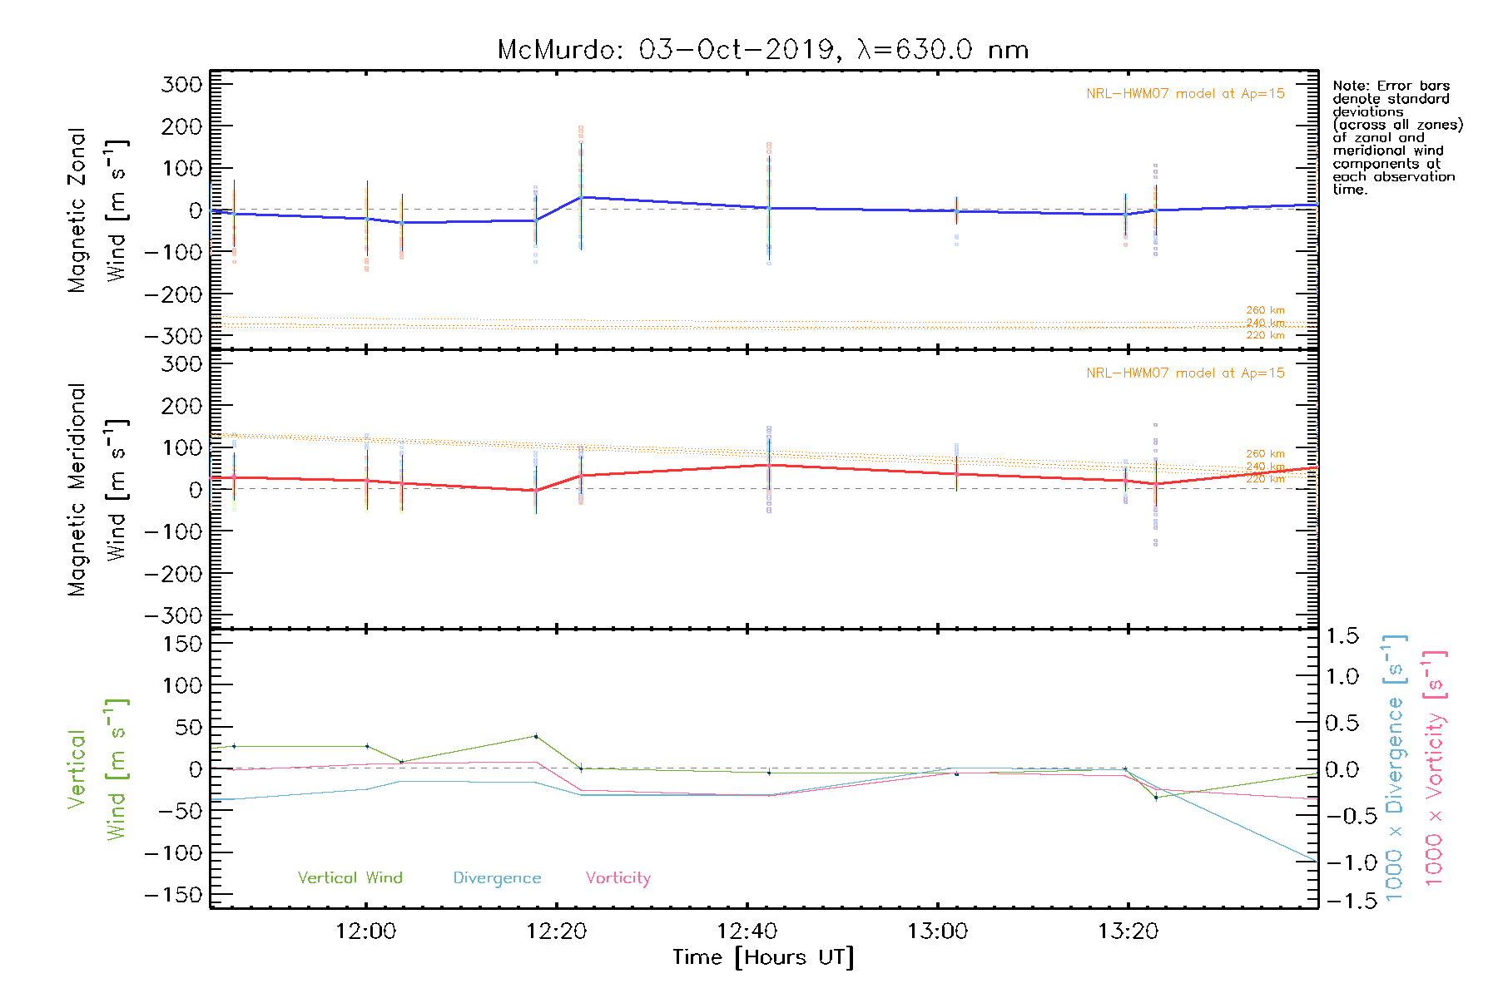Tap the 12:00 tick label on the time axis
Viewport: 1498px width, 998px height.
366,931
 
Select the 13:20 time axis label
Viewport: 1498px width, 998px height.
1128,931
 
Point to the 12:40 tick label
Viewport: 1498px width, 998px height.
747,931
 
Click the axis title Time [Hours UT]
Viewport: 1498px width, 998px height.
762,958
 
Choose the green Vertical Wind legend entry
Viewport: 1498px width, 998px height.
350,877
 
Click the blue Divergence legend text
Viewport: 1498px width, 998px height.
497,878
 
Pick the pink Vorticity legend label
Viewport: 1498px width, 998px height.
618,877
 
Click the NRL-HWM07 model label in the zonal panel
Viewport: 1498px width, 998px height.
1185,94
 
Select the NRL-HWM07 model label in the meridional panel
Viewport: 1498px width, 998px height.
1185,373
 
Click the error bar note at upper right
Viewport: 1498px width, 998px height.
1396,137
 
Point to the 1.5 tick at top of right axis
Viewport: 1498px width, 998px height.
1342,636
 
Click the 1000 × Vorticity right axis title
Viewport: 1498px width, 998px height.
1434,768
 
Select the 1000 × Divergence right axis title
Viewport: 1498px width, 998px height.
1394,768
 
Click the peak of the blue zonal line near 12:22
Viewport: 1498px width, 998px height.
581,197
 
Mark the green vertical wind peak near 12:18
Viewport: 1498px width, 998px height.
535,736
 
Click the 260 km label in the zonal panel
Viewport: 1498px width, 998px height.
1265,310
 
